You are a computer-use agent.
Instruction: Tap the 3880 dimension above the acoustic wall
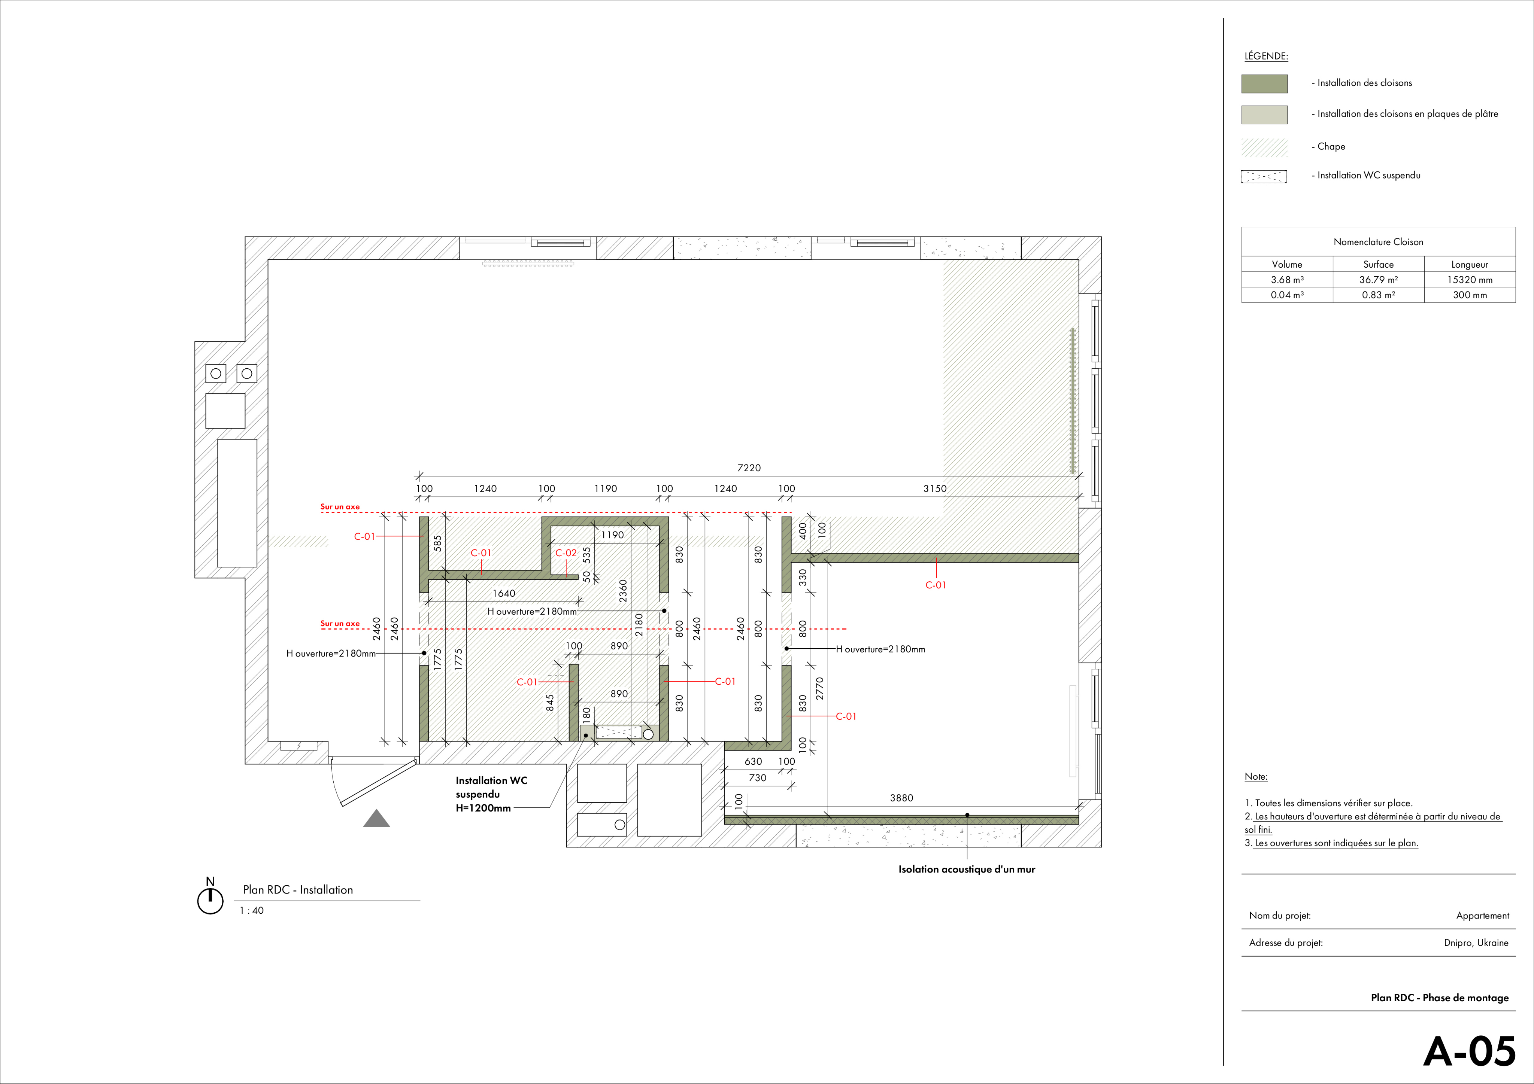tap(901, 798)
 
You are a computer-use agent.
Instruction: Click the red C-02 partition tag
tap(566, 553)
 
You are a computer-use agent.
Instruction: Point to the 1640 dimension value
tap(504, 594)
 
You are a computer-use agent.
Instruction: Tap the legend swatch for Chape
tap(1264, 147)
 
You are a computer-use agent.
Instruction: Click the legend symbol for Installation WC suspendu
tap(1264, 176)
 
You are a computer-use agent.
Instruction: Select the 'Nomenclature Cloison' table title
tap(1378, 242)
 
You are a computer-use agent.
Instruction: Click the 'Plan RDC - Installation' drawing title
tap(298, 890)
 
